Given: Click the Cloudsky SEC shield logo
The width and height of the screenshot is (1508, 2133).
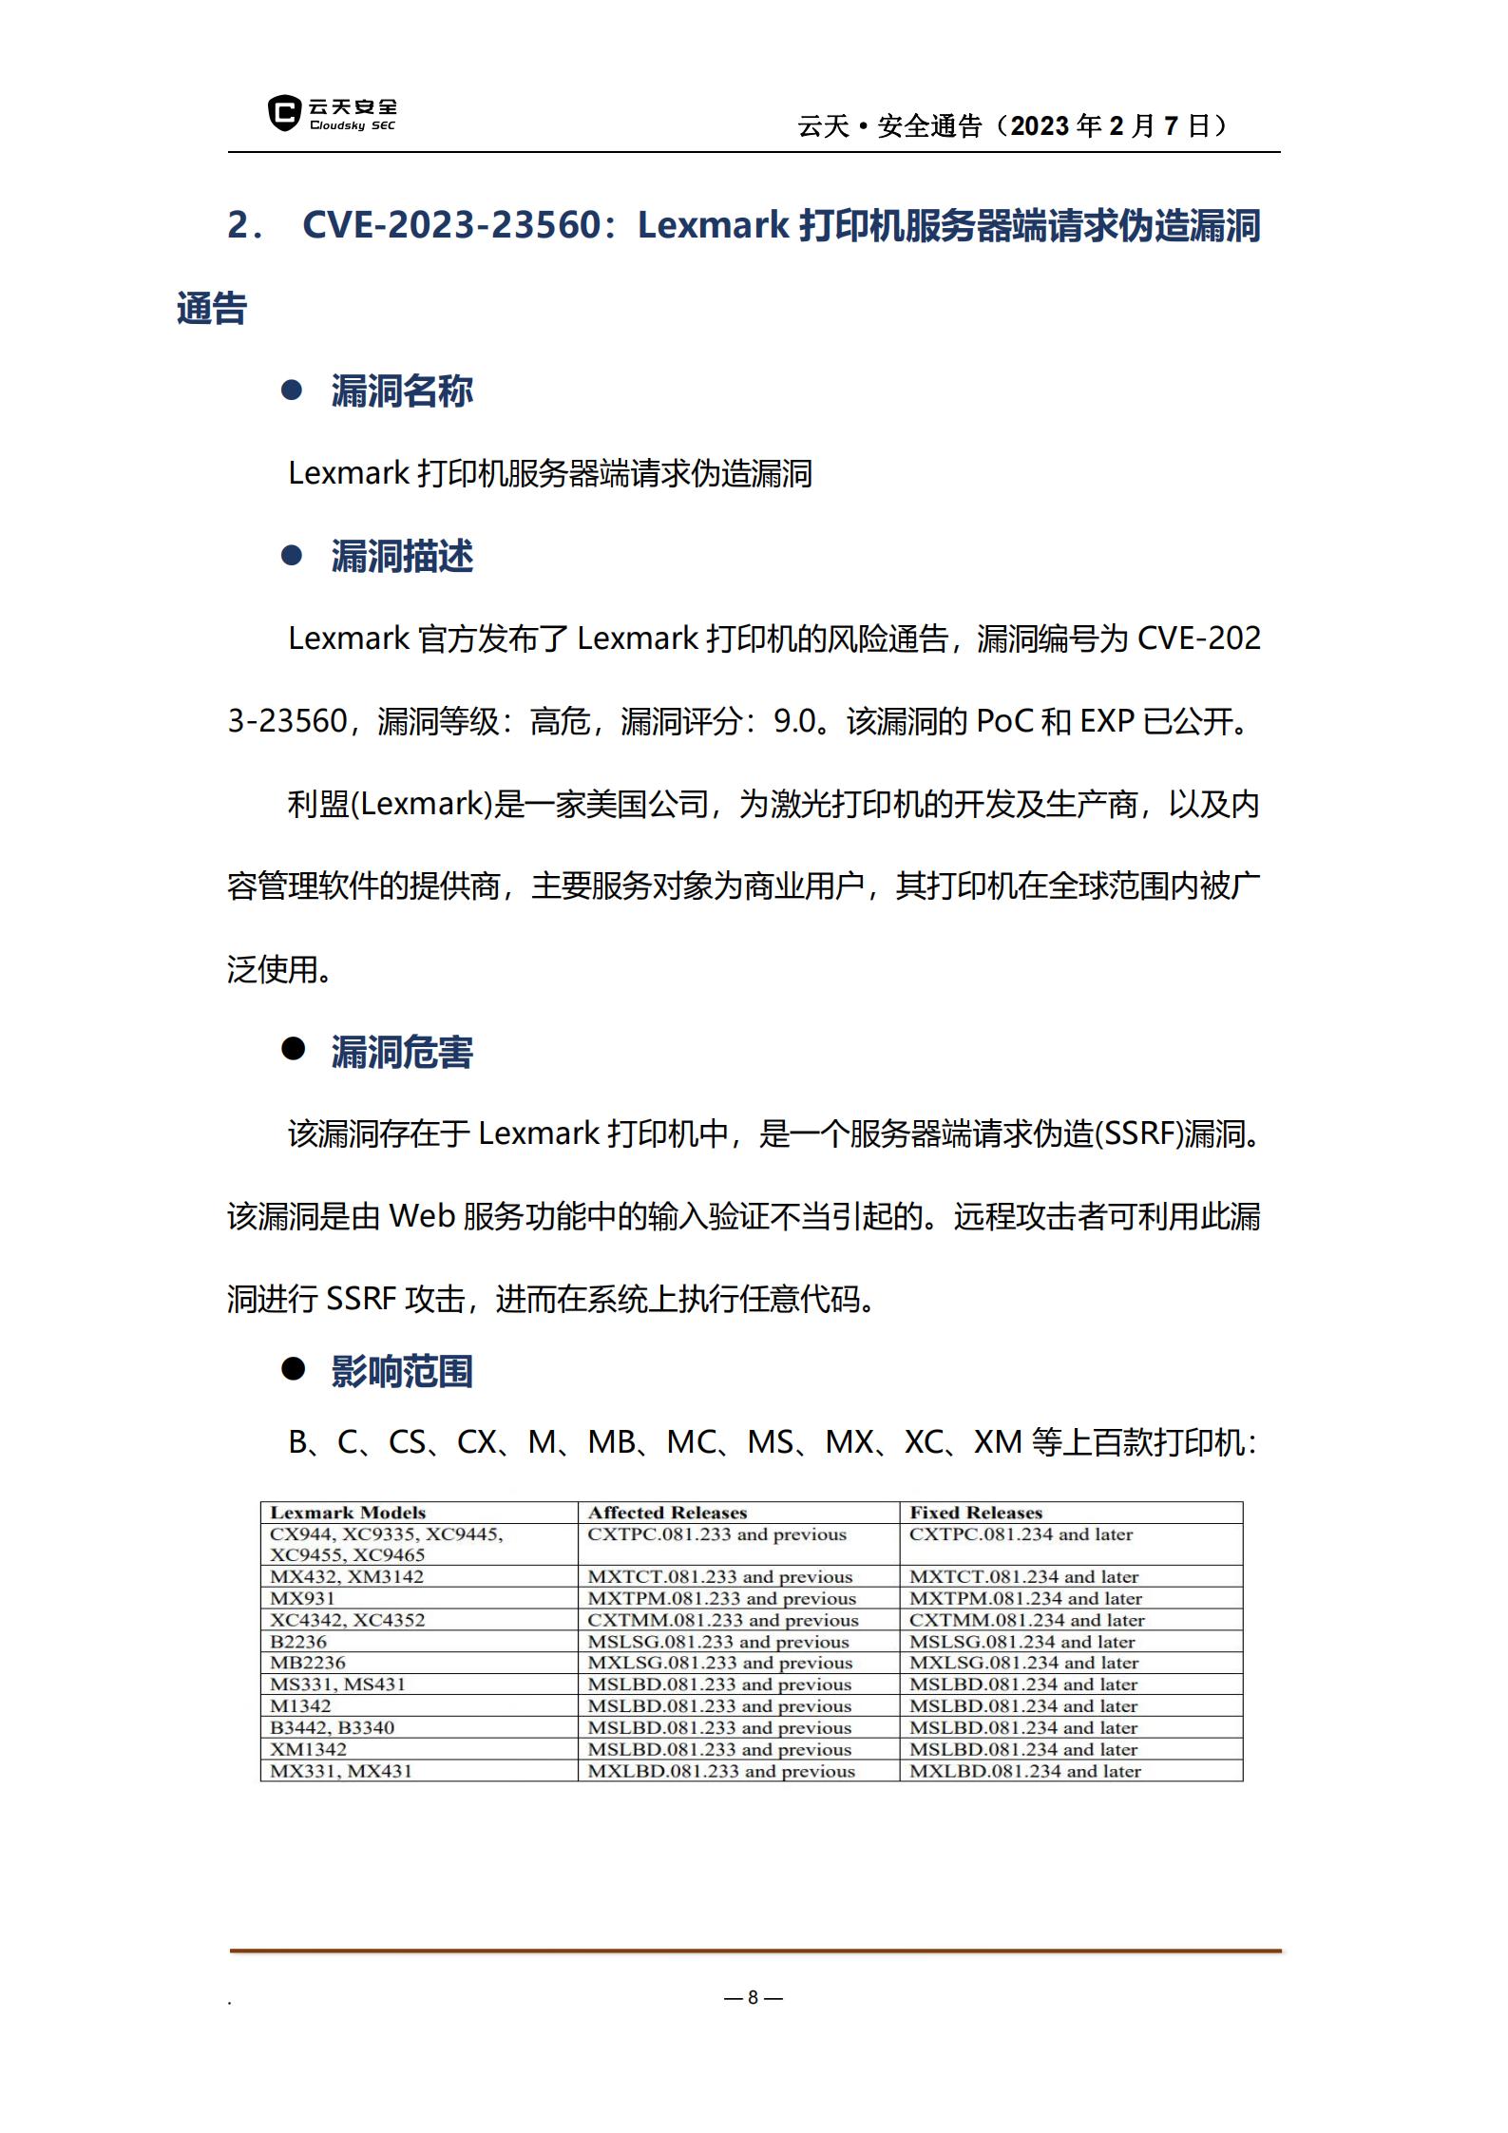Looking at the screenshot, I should [x=283, y=113].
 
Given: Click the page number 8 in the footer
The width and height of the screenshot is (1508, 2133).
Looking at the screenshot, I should [x=753, y=1997].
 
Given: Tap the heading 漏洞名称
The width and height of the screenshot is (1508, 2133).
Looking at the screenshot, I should [x=402, y=391].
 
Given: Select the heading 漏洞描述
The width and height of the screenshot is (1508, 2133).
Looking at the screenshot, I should [x=402, y=557].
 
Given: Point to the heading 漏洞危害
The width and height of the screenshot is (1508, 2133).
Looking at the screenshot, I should [x=402, y=1052].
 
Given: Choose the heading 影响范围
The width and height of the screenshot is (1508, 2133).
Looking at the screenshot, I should [x=402, y=1371].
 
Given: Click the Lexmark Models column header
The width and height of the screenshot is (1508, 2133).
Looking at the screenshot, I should [x=348, y=1513].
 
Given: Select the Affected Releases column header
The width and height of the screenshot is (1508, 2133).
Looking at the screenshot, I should [x=667, y=1513].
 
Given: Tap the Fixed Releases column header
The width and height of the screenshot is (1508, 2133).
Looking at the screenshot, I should [x=976, y=1513].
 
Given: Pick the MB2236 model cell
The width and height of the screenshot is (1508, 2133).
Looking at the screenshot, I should [x=308, y=1663].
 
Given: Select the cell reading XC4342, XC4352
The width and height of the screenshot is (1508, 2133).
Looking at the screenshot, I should [x=348, y=1620].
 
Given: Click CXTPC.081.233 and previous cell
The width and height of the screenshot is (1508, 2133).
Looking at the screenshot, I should [x=716, y=1534].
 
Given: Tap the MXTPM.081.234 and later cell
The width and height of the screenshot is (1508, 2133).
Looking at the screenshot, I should [x=1025, y=1598].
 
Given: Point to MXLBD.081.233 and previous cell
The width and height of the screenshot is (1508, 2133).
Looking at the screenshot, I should [x=721, y=1771].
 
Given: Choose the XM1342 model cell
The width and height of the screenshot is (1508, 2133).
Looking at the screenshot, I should [x=308, y=1749].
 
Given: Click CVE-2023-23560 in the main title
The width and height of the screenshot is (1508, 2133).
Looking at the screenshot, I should [x=452, y=225].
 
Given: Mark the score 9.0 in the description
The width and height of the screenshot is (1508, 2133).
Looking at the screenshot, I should [x=794, y=721].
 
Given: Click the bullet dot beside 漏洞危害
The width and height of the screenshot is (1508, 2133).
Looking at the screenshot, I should [x=293, y=1049].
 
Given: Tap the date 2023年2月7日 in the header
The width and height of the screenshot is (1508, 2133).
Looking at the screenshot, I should [x=1118, y=125].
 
